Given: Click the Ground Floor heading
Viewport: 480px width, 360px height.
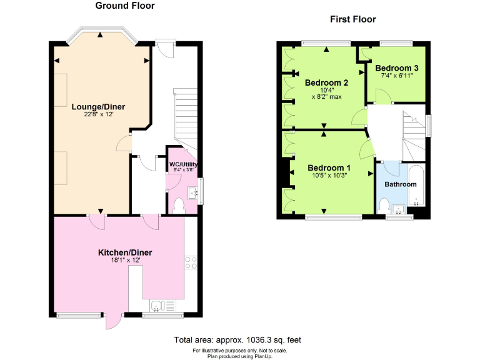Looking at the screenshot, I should point(125,6).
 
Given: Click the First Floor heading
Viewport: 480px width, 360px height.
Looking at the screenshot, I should point(353,19).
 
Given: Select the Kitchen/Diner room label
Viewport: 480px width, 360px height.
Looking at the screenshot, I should point(125,252).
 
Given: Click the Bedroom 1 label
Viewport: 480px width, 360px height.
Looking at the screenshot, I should point(329,167).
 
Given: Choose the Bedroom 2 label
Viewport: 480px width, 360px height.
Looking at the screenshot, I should point(326,82).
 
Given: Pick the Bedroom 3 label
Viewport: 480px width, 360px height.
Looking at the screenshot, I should point(397,68).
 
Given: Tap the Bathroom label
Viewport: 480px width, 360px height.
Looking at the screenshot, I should point(400,184).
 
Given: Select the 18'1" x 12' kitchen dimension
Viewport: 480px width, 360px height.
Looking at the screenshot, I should point(125,261).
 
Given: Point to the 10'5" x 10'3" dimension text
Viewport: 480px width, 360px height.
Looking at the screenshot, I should point(329,176).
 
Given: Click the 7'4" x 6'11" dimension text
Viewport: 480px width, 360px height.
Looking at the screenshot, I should point(397,76).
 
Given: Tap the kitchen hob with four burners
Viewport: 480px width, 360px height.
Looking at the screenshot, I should point(191,262).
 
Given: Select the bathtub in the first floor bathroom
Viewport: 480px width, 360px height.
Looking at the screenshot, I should point(416,186).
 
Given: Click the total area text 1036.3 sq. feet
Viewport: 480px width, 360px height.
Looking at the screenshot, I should point(237,340).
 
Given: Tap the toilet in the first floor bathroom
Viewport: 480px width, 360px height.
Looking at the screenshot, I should point(385,205).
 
